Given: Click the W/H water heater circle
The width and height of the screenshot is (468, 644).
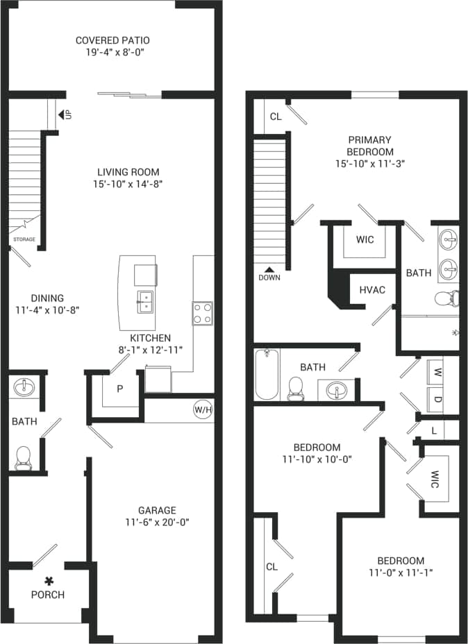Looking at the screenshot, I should pos(202,410).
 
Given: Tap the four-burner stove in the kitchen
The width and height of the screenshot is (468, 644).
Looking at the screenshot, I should pos(202,313).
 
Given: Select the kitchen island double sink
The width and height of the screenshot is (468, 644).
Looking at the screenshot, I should pos(146,300).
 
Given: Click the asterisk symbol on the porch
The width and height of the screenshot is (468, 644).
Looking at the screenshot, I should pos(49,580).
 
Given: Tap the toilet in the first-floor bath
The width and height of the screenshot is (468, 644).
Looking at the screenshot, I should pos(24,457).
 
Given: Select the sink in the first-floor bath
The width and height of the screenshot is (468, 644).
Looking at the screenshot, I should pos(23,386).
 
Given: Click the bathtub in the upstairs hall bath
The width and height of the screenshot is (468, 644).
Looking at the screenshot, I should pos(267,375).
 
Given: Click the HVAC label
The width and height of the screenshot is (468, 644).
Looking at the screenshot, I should pos(371,290).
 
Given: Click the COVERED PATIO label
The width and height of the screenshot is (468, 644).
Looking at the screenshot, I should pos(112,40).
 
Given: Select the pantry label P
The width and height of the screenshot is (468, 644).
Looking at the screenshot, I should pos(119,389).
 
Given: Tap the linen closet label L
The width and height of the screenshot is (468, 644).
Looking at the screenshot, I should pos(434,431).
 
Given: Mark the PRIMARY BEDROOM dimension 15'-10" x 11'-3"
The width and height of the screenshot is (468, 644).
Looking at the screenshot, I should pos(370,164).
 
